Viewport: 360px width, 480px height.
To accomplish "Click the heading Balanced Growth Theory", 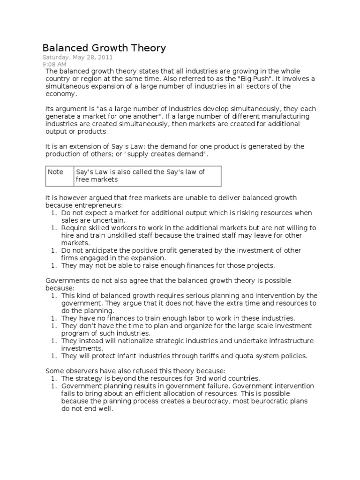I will click(x=104, y=48).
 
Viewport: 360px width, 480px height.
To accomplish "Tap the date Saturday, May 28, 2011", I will click(x=77, y=57).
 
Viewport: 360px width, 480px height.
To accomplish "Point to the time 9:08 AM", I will click(x=54, y=64).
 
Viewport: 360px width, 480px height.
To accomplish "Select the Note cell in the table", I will click(x=55, y=172).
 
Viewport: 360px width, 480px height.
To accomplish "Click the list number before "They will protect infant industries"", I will click(x=54, y=356).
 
